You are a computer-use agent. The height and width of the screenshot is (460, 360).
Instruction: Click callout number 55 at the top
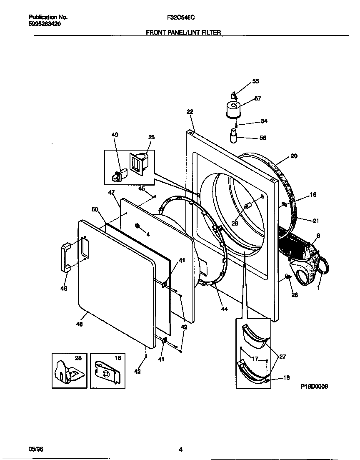point(255,81)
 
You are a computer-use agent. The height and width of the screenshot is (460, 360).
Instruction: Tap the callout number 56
point(263,138)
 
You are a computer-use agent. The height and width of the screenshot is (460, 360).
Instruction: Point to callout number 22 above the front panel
point(190,112)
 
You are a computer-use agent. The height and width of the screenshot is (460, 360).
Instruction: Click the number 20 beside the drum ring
point(294,156)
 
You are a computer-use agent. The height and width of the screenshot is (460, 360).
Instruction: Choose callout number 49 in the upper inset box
point(115,135)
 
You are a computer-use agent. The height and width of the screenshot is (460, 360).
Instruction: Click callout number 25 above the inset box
point(151,137)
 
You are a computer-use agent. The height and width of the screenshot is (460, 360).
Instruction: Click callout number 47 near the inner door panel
point(111,193)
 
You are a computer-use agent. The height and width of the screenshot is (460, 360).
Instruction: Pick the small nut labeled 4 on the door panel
point(137,226)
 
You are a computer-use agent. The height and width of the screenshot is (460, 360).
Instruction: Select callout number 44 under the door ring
point(225,309)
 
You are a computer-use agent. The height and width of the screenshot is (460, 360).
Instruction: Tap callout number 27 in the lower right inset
point(282,357)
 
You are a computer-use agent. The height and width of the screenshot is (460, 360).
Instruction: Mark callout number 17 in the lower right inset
point(255,358)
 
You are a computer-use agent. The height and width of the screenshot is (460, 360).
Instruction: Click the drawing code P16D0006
point(314,387)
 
